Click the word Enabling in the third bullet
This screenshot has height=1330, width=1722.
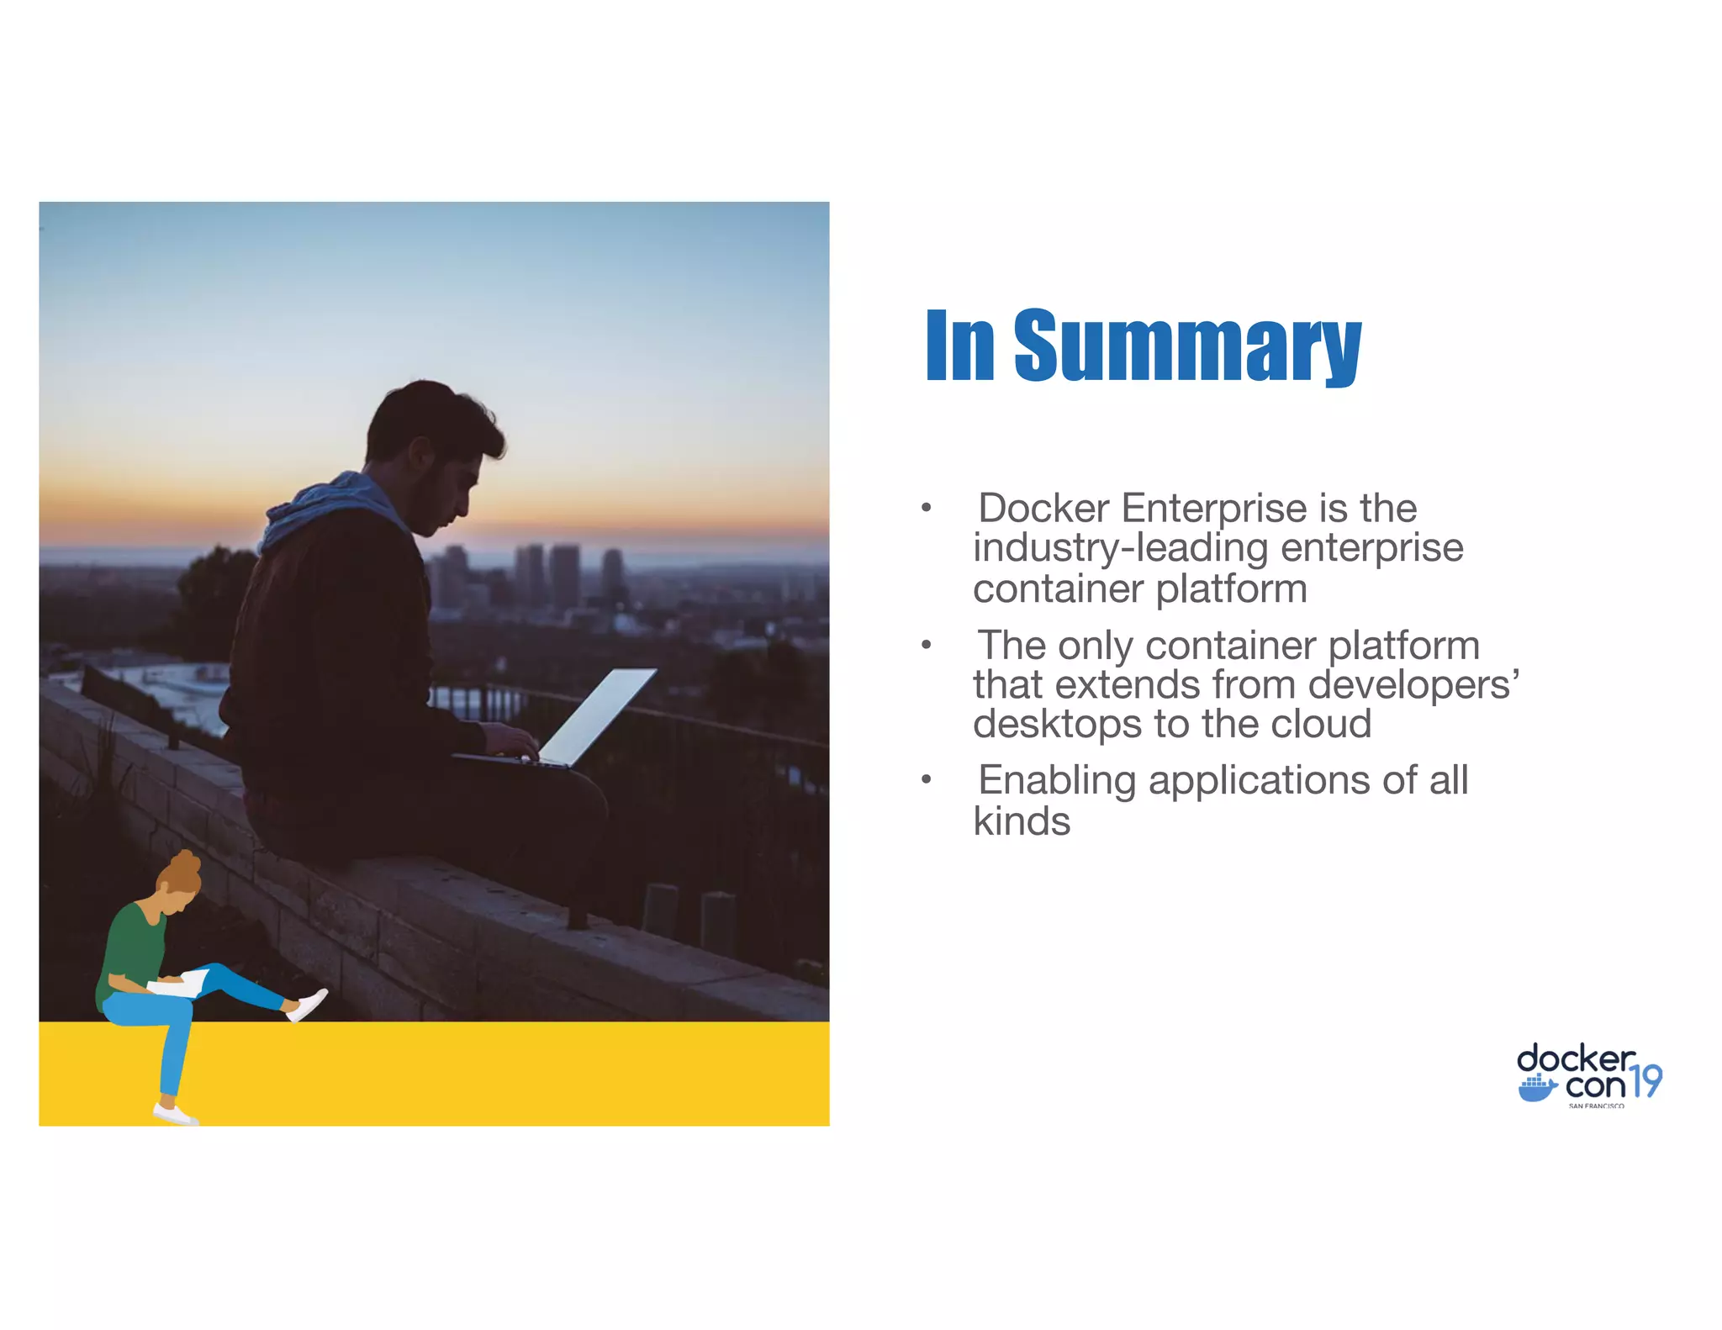(1057, 780)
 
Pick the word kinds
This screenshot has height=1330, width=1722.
(1022, 821)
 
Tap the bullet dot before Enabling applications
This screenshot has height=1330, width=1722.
(926, 780)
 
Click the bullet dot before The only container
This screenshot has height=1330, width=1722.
(926, 645)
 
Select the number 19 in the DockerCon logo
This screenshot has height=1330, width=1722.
(1646, 1080)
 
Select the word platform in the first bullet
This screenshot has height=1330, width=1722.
(1232, 588)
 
